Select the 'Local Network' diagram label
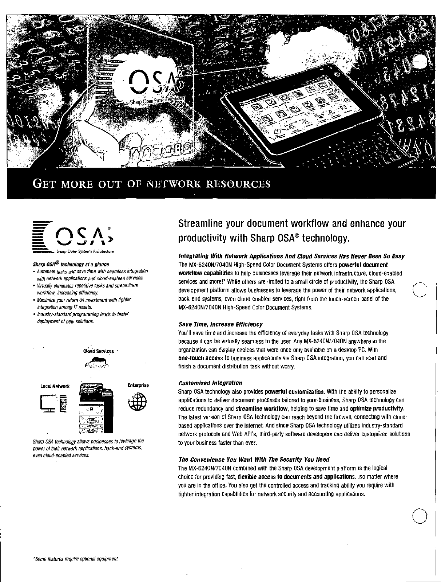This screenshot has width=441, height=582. [55, 386]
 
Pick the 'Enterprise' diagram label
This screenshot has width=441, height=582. [138, 386]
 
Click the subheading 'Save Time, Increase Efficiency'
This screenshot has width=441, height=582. [220, 324]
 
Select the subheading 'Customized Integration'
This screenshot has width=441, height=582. [210, 383]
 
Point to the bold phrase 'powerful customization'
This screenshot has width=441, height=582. [295, 392]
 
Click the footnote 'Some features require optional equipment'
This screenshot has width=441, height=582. [76, 559]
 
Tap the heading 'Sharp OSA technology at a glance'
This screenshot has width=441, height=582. [71, 264]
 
